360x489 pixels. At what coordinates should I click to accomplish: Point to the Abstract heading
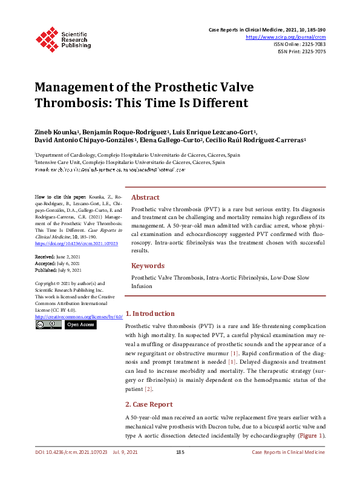pyautogui.click(x=145, y=197)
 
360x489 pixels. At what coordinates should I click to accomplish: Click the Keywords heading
pyautogui.click(x=148, y=266)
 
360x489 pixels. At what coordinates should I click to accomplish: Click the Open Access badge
pyautogui.click(x=80, y=325)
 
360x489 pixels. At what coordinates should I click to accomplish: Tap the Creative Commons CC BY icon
pyautogui.click(x=48, y=325)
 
